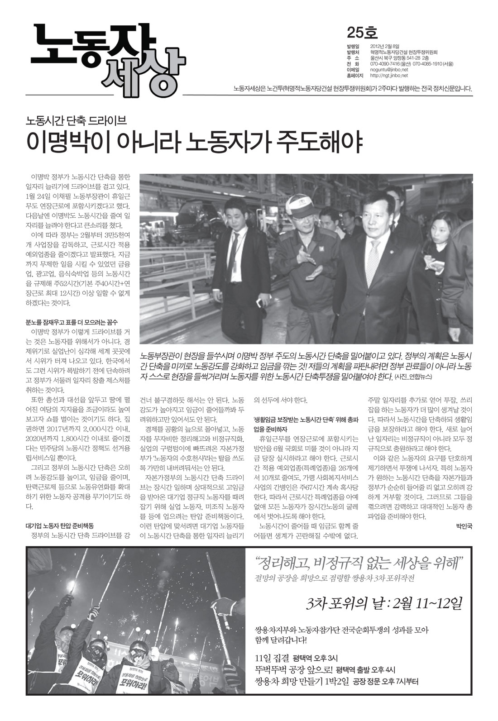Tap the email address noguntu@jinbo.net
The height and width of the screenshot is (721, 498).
389,70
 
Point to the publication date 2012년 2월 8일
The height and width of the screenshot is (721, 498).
385,46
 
